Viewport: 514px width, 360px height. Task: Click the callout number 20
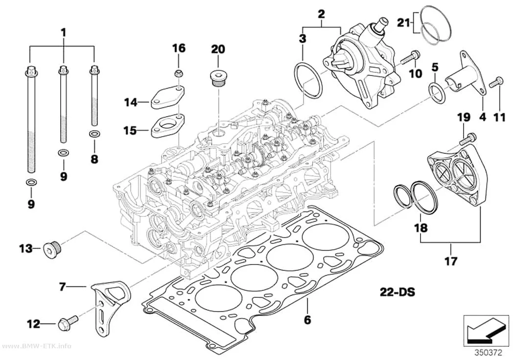pyautogui.click(x=218, y=49)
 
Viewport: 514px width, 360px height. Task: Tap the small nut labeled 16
pyautogui.click(x=178, y=73)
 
